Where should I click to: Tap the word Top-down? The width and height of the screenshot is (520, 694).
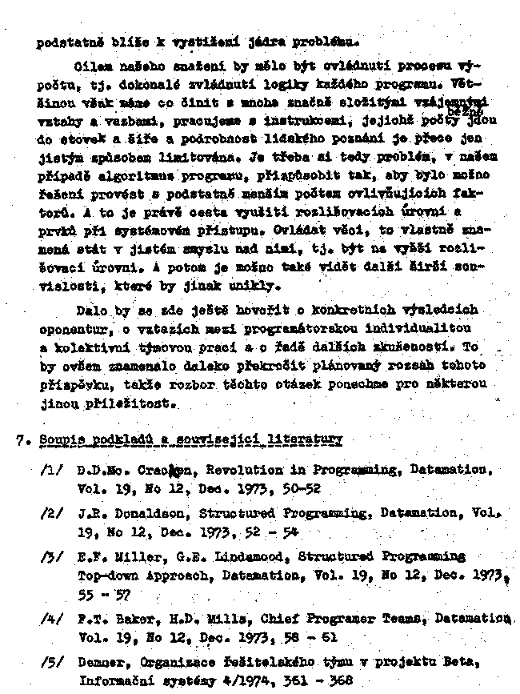[x=106, y=575]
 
